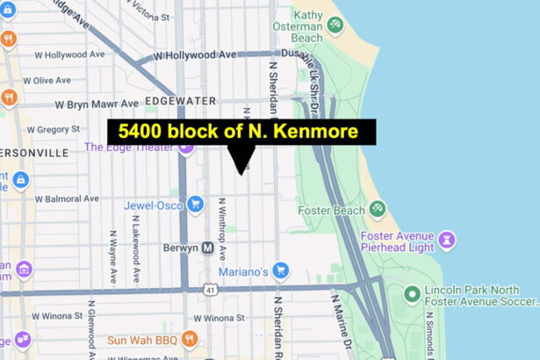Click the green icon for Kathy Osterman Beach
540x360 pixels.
pos(335,26)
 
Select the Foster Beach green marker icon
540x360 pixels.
pos(377,209)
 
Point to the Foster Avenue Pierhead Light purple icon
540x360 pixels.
pos(447,239)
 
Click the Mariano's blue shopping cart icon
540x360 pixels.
pos(280,270)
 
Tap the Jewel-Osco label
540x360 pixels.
pos(152,205)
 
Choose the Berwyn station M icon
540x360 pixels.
pos(208,248)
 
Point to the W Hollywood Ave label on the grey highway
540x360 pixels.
pos(195,55)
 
